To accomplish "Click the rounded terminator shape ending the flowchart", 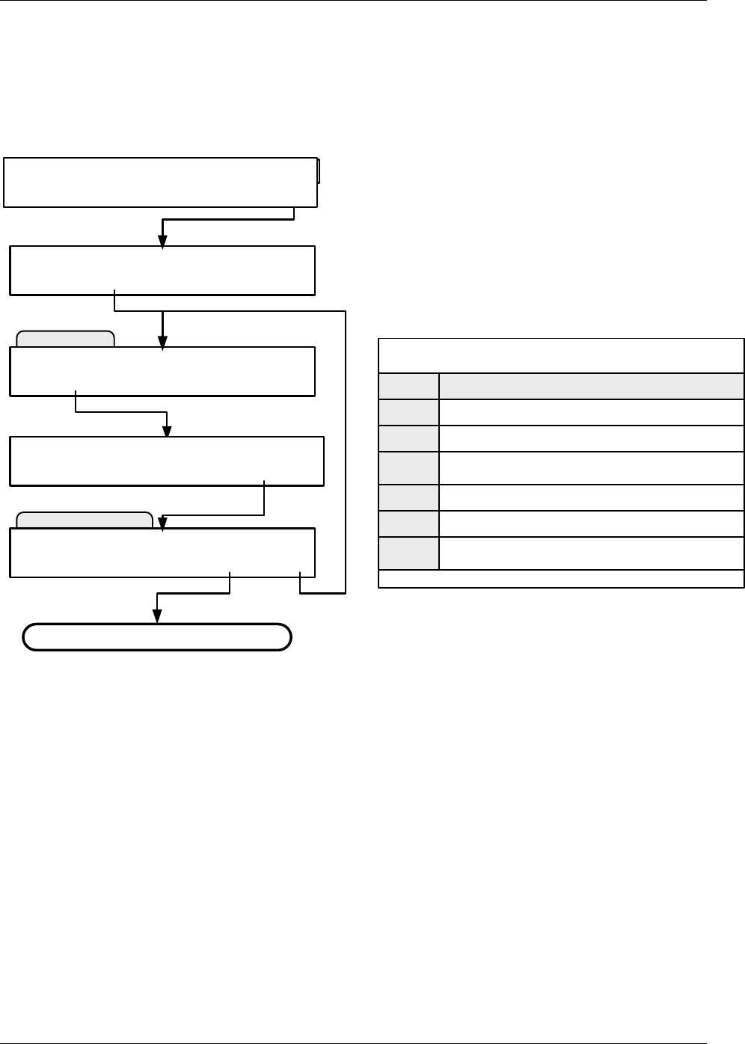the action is pyautogui.click(x=156, y=637).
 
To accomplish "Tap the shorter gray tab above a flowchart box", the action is pyautogui.click(x=65, y=340).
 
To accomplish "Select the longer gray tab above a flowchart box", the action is pyautogui.click(x=85, y=520).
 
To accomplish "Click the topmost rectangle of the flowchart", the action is pyautogui.click(x=160, y=182).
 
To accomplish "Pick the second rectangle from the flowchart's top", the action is pyautogui.click(x=162, y=270).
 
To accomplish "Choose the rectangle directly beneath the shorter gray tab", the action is pyautogui.click(x=162, y=371).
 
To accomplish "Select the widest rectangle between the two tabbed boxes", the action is pyautogui.click(x=167, y=461).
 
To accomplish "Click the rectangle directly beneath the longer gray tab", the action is pyautogui.click(x=162, y=553).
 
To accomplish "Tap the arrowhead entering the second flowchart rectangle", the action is pyautogui.click(x=162, y=240).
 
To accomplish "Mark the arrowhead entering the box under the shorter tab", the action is pyautogui.click(x=162, y=342).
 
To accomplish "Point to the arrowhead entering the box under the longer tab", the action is pyautogui.click(x=162, y=523).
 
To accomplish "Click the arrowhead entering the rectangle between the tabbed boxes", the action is pyautogui.click(x=168, y=432).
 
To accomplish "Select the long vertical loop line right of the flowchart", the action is pyautogui.click(x=346, y=452).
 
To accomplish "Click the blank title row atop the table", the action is pyautogui.click(x=561, y=356).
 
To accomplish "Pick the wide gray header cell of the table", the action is pyautogui.click(x=592, y=386).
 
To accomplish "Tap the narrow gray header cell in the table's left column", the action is pyautogui.click(x=409, y=386).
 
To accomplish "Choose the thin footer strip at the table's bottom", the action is pyautogui.click(x=561, y=579).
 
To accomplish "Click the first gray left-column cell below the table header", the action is pyautogui.click(x=409, y=413).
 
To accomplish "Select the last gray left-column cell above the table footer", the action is pyautogui.click(x=409, y=553).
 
